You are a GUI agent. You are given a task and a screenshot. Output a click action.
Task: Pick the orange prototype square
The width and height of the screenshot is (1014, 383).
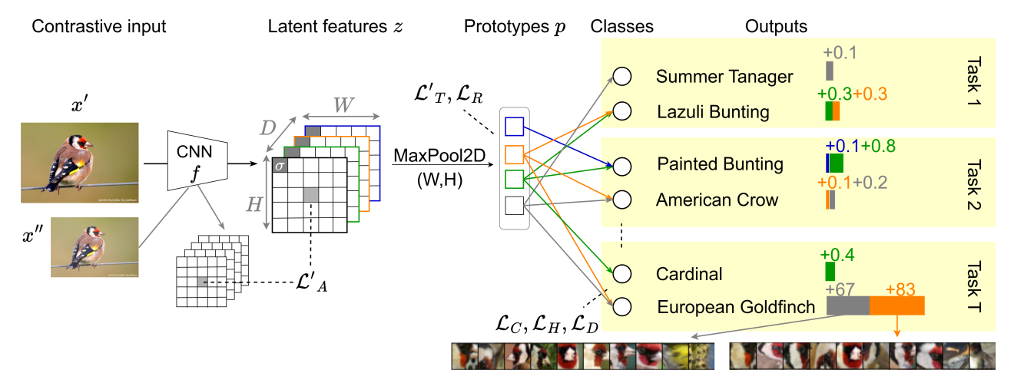[x=513, y=154]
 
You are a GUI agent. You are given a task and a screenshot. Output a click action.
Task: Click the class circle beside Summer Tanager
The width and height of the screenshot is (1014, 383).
[x=621, y=77]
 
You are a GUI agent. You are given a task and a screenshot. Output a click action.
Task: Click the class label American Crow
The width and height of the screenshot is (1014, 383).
[x=717, y=200]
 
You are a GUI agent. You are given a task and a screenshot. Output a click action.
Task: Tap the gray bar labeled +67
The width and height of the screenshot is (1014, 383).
[x=847, y=305]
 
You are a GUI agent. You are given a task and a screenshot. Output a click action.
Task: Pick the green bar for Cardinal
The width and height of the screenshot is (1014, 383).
[x=830, y=271]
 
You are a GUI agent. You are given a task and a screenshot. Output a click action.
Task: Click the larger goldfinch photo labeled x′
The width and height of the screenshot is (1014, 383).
[x=79, y=162]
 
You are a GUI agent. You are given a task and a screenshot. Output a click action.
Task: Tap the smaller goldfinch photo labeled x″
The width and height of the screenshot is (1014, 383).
[x=94, y=246]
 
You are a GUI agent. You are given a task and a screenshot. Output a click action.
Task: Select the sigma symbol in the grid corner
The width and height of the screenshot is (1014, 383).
[x=280, y=167]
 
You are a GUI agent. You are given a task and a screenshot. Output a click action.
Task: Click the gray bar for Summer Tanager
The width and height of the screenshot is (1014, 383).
[x=830, y=71]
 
